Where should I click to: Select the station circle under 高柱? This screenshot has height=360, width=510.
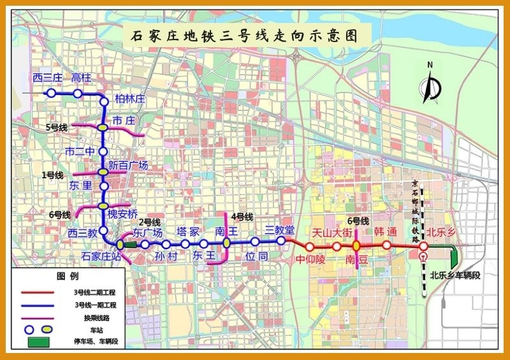(x=77, y=94)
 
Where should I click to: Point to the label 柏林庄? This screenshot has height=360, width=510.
(x=130, y=99)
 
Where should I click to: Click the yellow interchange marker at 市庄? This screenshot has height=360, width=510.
(x=103, y=128)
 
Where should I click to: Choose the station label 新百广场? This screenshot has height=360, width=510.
(x=129, y=165)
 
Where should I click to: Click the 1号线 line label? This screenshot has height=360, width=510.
(x=52, y=175)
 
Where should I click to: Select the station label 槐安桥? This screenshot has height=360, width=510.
(x=122, y=213)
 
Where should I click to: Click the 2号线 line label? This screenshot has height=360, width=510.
(x=149, y=222)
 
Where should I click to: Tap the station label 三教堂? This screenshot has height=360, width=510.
(x=280, y=229)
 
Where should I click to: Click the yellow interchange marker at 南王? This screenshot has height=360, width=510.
(x=226, y=243)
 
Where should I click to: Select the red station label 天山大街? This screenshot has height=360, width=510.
(x=331, y=233)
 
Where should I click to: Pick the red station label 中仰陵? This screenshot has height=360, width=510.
(x=310, y=260)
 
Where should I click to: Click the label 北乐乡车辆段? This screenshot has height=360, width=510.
(x=455, y=275)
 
